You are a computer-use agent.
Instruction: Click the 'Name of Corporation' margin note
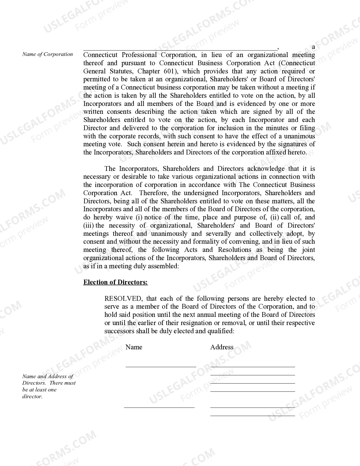pyautogui.click(x=47, y=54)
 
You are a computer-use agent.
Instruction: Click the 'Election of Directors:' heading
pyautogui.click(x=115, y=282)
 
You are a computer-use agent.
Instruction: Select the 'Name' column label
pyautogui.click(x=134, y=347)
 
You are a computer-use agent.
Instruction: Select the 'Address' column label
pyautogui.click(x=222, y=347)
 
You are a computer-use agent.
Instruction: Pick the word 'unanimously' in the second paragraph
pyautogui.click(x=169, y=234)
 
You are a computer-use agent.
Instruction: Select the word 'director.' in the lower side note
pyautogui.click(x=32, y=396)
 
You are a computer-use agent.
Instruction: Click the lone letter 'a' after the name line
pyautogui.click(x=313, y=47)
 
